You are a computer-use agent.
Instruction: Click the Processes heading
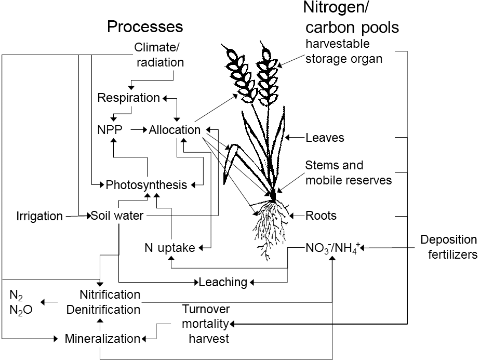point(145,26)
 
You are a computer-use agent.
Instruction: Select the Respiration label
point(129,98)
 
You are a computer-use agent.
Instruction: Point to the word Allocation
point(175,130)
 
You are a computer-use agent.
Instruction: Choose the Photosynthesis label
point(146,185)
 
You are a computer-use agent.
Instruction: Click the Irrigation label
point(39,216)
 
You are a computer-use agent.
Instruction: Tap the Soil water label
point(117,215)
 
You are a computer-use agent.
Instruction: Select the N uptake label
point(170,248)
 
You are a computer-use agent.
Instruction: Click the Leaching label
point(223,283)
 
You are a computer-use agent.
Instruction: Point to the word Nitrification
point(110,295)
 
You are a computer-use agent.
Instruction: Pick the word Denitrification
point(103,310)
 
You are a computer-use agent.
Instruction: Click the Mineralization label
point(102,339)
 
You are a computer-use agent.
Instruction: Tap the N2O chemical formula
point(21,310)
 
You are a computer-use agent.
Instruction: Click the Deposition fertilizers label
point(448,247)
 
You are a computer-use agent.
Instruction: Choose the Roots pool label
point(321,215)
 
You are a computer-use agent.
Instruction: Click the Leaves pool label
point(325,138)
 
